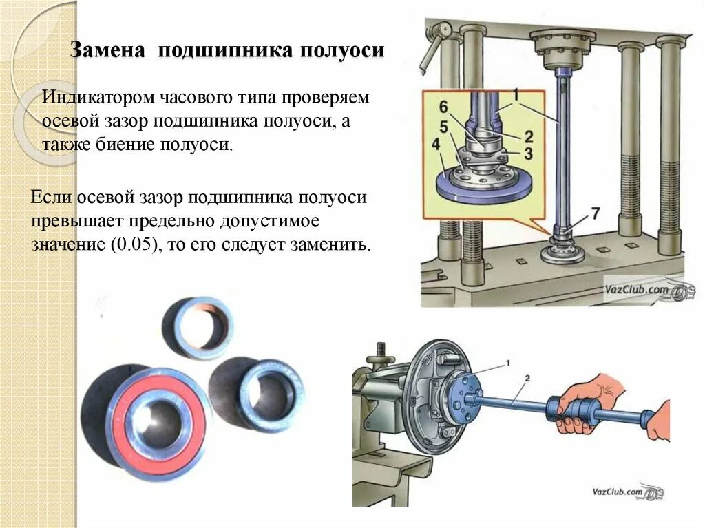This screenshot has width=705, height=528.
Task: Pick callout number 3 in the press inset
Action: coord(527,152)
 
